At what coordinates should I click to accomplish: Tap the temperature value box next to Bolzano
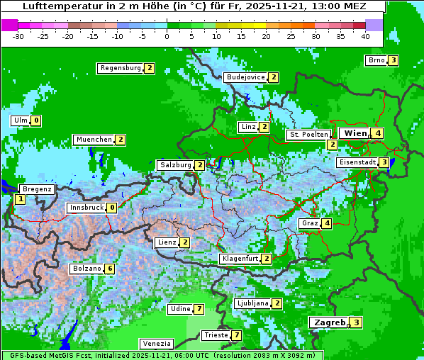(109, 269)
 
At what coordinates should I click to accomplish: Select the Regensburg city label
(121, 68)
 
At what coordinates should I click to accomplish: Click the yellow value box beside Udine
(199, 309)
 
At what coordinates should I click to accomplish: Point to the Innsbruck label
(85, 208)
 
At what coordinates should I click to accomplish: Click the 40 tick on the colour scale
(365, 36)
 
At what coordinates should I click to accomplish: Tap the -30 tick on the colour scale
(18, 36)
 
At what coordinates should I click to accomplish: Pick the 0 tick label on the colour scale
(167, 36)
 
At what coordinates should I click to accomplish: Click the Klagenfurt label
(240, 259)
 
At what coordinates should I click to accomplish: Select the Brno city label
(376, 60)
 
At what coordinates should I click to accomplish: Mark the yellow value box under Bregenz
(20, 200)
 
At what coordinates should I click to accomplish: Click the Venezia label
(156, 344)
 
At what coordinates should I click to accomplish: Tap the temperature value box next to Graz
(326, 224)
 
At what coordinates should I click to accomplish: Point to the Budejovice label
(245, 77)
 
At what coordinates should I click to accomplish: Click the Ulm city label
(20, 120)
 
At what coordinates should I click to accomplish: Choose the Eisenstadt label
(357, 162)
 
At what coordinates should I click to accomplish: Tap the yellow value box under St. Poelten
(332, 145)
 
